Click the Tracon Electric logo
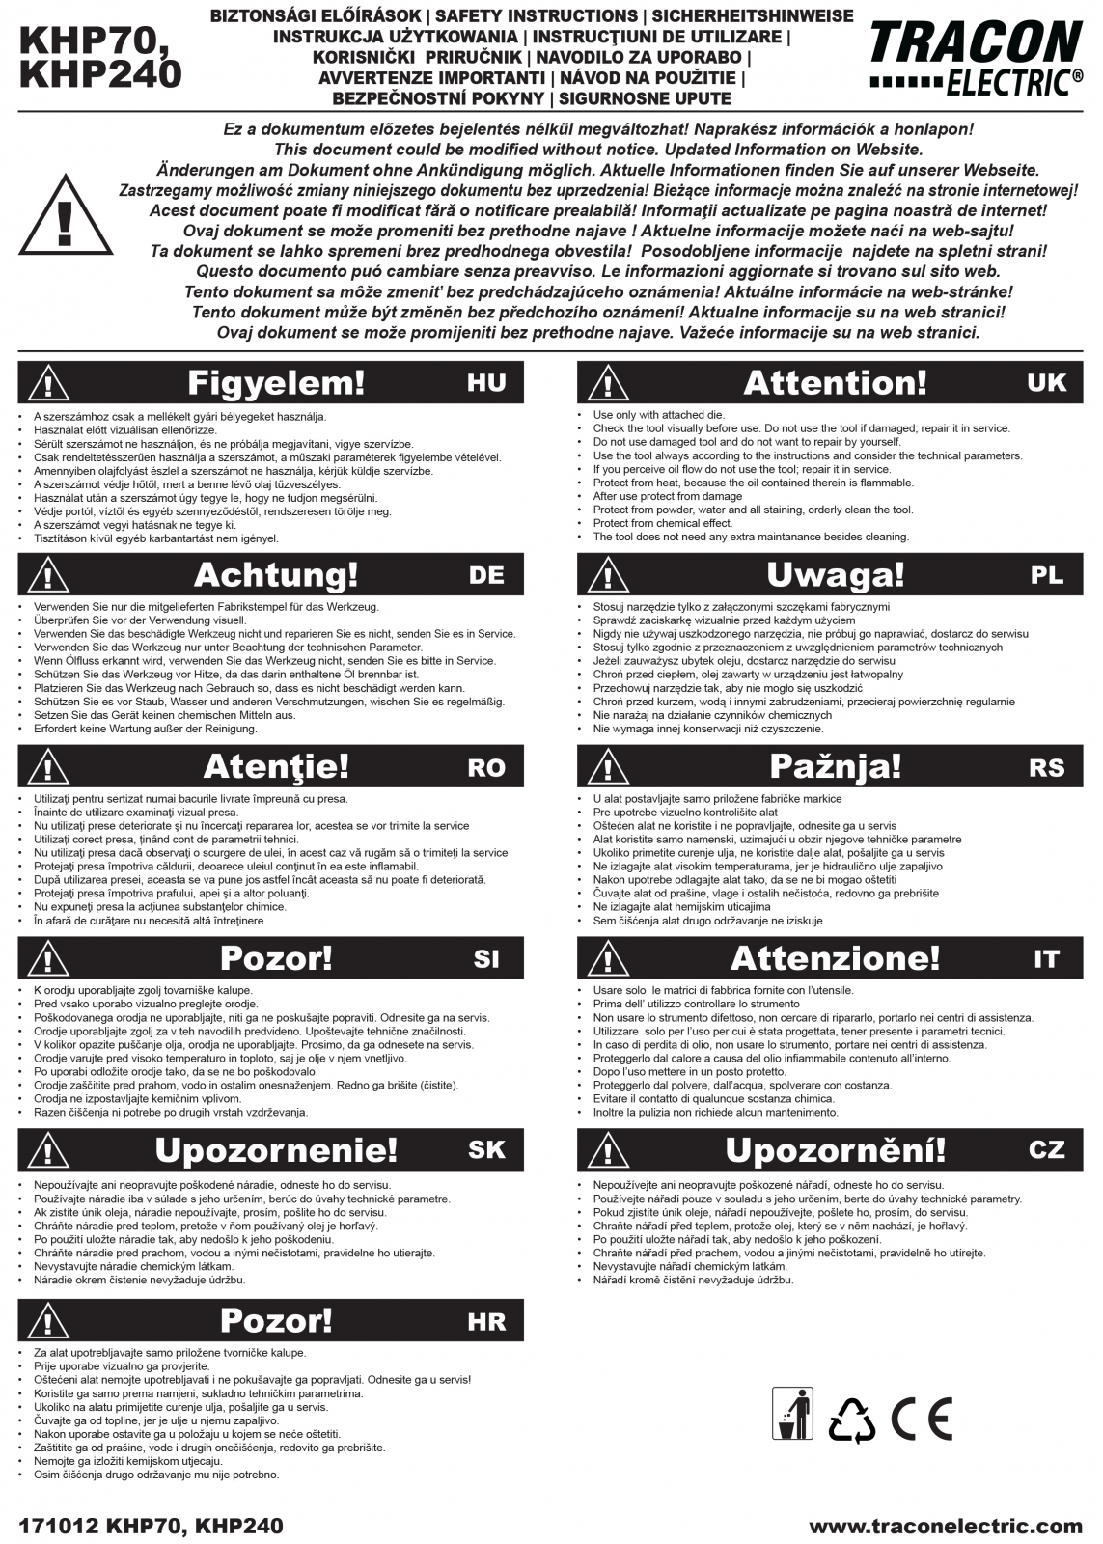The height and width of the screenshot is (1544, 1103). (976, 58)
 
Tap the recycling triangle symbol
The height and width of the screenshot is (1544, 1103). (852, 1420)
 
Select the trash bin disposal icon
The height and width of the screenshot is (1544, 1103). (792, 1414)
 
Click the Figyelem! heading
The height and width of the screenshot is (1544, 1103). (276, 383)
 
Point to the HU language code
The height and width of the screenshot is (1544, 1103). (486, 383)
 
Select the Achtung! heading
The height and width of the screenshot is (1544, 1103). (276, 575)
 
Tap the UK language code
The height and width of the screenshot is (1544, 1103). (1047, 383)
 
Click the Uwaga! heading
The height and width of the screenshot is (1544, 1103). (836, 575)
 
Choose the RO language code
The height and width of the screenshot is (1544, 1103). (486, 767)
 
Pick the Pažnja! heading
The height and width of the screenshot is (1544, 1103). (836, 767)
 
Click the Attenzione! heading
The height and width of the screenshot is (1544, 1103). (836, 959)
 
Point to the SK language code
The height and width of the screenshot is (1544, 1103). (486, 1150)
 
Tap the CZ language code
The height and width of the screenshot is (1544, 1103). (1047, 1150)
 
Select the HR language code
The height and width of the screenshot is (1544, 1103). (486, 1321)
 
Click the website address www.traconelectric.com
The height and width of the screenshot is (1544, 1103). (946, 1526)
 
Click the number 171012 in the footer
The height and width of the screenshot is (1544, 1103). (57, 1526)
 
